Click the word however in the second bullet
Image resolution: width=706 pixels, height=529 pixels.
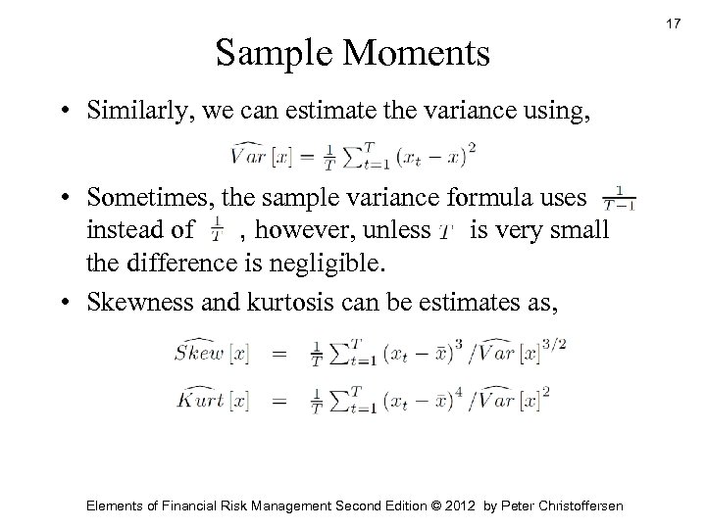300,231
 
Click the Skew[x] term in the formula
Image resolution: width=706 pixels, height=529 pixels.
207,351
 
